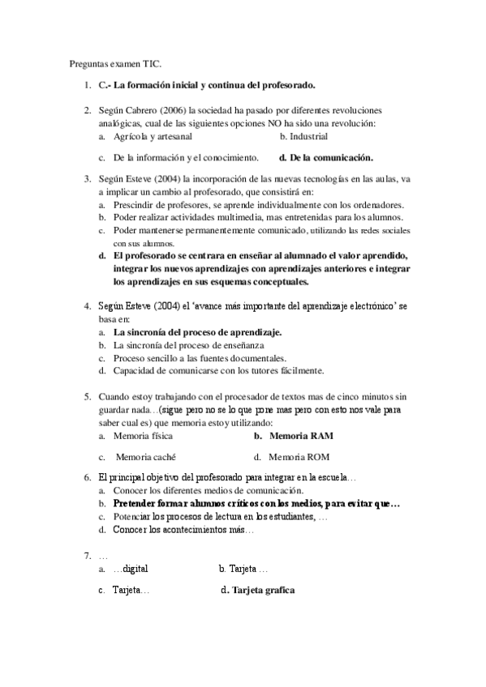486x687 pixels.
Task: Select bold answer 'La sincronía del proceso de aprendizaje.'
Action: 197,332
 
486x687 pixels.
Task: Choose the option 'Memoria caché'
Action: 146,456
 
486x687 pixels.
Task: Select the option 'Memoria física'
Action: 143,436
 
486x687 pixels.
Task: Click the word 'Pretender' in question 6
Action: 134,503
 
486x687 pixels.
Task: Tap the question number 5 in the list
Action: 87,397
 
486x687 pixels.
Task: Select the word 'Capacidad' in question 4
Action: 135,371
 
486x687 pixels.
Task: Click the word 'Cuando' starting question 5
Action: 114,397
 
